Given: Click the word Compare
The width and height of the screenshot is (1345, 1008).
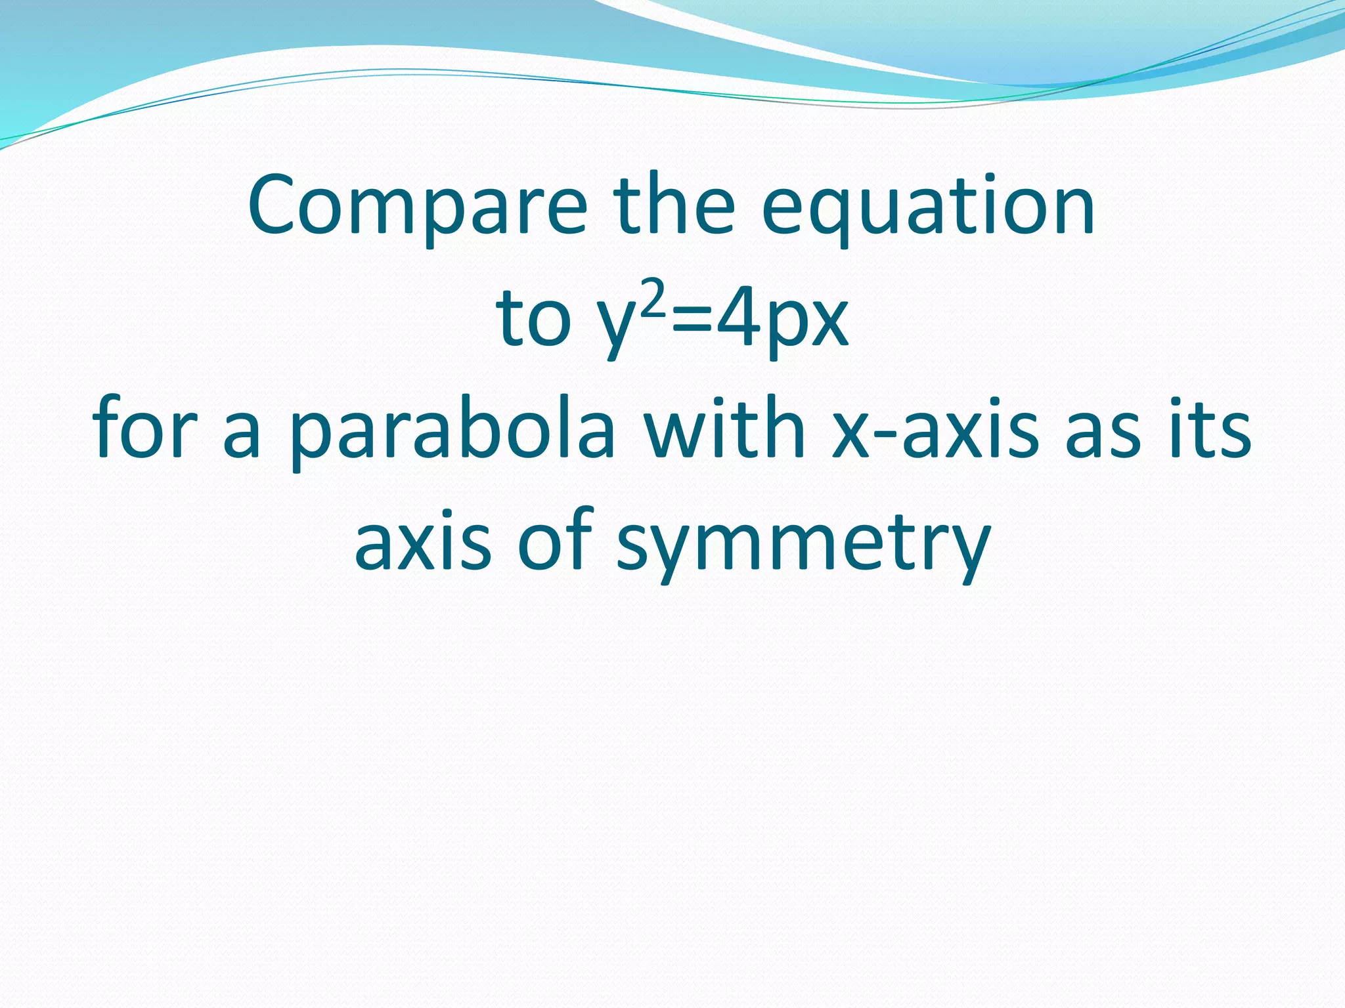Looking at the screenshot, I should tap(418, 206).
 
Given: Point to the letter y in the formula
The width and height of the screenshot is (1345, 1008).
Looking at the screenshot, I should tap(623, 328).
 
